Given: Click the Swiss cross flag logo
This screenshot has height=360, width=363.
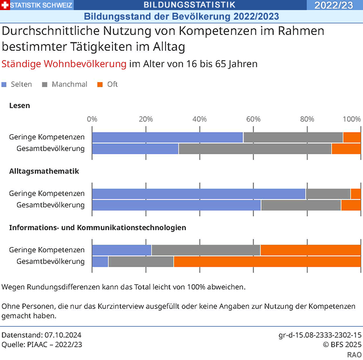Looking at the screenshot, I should (5, 5).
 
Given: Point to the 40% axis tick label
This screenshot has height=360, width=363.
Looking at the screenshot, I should (199, 119).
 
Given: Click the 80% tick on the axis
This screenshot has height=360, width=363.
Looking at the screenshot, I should (307, 119).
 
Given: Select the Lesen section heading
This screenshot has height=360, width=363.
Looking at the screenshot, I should (20, 106).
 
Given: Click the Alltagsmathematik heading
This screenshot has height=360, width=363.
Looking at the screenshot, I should (44, 171).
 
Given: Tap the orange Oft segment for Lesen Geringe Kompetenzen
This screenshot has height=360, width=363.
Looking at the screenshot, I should (351, 137).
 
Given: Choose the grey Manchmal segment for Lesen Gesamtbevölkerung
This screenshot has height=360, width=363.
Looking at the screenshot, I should (255, 148).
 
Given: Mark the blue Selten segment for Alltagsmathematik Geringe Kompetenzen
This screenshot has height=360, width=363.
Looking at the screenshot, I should (199, 194).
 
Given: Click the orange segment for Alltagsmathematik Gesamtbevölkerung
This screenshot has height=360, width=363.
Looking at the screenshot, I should (350, 205).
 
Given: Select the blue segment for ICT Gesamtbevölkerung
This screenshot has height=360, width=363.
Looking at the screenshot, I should (100, 261).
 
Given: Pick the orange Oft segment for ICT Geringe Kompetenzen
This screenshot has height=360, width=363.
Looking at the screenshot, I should (310, 250).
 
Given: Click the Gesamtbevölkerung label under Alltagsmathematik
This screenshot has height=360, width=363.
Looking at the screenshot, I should (50, 205).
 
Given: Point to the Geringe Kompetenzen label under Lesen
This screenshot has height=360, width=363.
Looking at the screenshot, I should (47, 137).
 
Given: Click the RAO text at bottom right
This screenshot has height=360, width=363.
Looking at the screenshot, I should (355, 354).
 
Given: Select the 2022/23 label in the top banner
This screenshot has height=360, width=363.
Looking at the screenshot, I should (333, 5).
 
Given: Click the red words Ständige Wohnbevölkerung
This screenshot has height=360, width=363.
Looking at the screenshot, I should (64, 64).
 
